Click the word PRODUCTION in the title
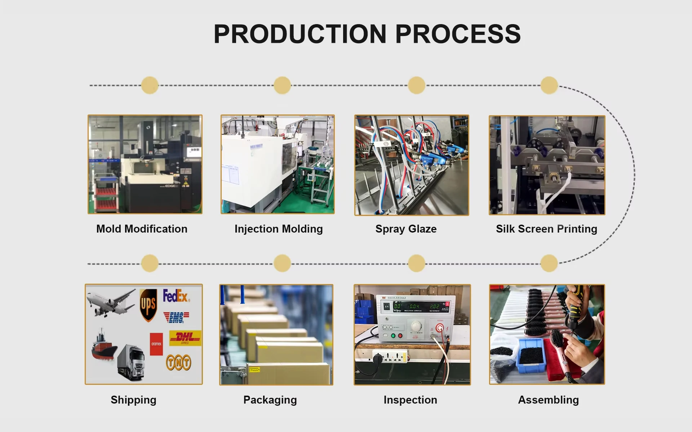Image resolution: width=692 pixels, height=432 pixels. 300,34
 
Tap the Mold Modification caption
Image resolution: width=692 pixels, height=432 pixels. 142,229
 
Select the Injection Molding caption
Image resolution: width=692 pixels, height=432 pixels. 279,229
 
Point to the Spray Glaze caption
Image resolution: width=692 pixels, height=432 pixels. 406,229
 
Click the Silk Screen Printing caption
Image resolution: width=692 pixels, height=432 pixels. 546,229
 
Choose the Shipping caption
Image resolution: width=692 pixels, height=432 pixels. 133,400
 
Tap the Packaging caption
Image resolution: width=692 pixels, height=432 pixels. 270,400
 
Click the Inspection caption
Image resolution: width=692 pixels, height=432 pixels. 410,400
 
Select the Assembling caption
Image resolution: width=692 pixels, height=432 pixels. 548,400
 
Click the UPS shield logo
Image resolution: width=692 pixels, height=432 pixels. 148,305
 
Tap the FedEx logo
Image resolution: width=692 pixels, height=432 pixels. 176,296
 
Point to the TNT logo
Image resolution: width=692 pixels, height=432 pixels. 178,362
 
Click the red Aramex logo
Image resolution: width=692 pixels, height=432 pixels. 156,344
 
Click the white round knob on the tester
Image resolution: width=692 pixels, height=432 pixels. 416,326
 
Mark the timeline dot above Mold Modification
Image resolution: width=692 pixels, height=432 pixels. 150,85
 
